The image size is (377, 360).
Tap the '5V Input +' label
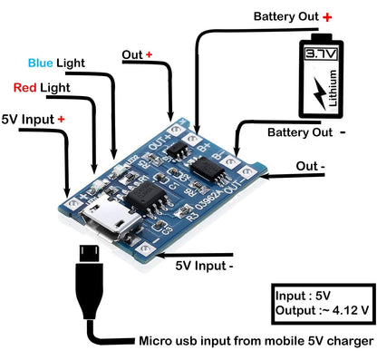33,118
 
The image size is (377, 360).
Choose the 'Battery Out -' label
308,132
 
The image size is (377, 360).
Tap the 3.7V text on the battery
321,55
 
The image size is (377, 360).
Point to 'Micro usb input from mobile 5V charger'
256,341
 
